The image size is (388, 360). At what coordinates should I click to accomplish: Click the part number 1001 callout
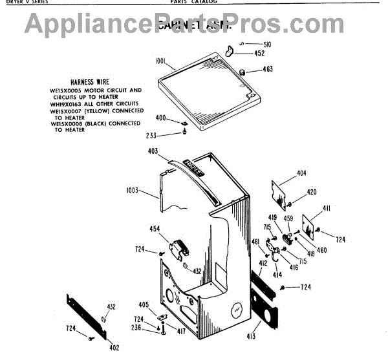161,61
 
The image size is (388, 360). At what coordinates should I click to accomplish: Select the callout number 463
268,69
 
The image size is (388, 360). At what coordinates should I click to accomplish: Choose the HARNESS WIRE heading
94,82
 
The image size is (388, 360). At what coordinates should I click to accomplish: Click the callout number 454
155,229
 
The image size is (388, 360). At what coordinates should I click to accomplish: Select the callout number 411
327,207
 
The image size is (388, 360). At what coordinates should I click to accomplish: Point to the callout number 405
144,304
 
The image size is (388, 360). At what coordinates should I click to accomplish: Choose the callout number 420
312,192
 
